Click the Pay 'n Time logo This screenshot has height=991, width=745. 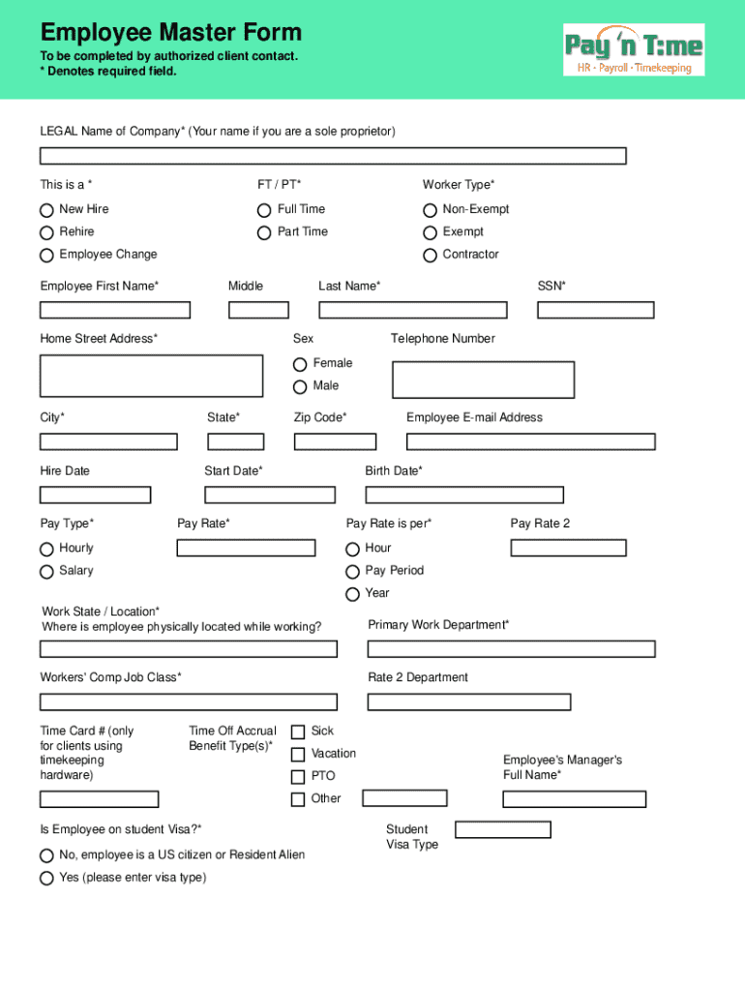[x=634, y=49]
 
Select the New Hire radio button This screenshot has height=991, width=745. [x=46, y=210]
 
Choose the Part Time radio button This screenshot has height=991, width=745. [x=264, y=232]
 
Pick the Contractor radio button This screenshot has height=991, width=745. [x=430, y=255]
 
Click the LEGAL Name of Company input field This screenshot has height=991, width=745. [x=333, y=156]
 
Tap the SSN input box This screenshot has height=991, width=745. [x=595, y=310]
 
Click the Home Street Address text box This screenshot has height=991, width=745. [x=151, y=375]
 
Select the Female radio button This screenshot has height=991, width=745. [x=300, y=364]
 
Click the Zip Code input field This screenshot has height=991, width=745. [x=335, y=441]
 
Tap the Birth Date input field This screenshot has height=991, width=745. [x=463, y=495]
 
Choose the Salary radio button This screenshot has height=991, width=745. [x=46, y=572]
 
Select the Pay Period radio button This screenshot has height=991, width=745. [x=352, y=572]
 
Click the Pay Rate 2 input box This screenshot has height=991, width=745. [x=568, y=548]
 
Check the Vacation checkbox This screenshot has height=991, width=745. [x=298, y=754]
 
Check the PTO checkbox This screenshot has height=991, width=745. [x=298, y=777]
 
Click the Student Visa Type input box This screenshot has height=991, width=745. [x=502, y=829]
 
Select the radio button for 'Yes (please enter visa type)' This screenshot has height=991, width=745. [x=46, y=879]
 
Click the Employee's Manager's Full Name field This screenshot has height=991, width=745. [x=574, y=799]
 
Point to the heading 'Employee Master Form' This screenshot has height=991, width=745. [x=170, y=33]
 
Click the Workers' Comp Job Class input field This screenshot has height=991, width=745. [x=189, y=702]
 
